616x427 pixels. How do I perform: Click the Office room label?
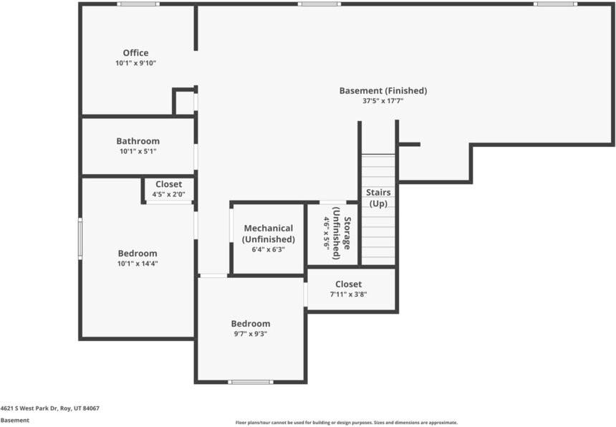(135, 53)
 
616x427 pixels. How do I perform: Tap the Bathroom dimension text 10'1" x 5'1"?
(138, 151)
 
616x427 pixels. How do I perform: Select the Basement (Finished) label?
(383, 91)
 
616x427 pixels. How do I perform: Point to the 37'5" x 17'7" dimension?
(383, 101)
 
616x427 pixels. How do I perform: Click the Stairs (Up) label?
(378, 198)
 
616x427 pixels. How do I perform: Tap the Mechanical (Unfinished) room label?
(269, 234)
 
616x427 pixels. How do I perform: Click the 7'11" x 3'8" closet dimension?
(348, 294)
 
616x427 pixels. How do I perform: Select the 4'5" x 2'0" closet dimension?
(168, 194)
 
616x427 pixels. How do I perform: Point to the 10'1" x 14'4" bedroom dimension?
(138, 264)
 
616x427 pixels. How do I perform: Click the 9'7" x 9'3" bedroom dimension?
(250, 334)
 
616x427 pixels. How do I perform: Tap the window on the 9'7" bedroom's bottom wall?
(251, 382)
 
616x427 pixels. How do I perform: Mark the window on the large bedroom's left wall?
(80, 239)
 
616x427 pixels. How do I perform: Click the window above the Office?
(138, 4)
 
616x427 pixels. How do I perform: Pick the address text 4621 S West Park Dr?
(29, 408)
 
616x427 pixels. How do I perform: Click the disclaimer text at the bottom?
(347, 423)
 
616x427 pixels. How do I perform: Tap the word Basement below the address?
(15, 421)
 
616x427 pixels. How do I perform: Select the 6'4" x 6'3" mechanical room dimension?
(269, 249)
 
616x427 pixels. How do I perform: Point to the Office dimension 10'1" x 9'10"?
(135, 63)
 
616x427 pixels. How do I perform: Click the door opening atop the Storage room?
(333, 202)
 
